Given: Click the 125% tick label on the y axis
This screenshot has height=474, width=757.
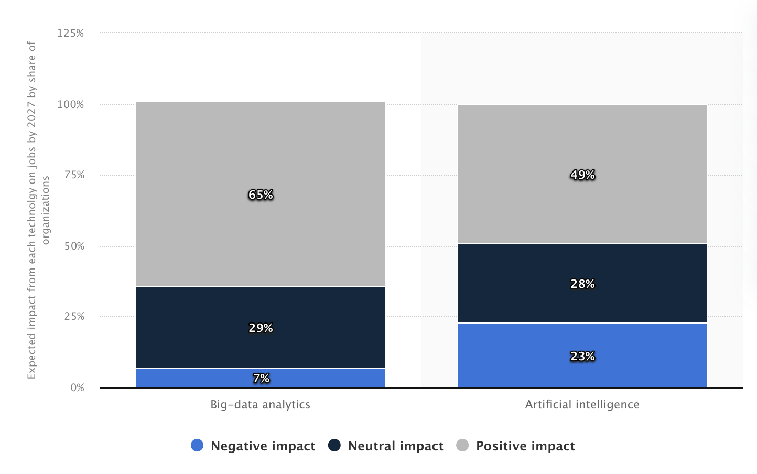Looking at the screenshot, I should (x=70, y=33).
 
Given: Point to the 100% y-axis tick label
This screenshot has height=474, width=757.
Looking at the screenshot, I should (x=70, y=104).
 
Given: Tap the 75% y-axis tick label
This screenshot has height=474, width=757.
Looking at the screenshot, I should (x=74, y=175).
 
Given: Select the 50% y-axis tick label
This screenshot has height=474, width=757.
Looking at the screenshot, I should (x=74, y=246).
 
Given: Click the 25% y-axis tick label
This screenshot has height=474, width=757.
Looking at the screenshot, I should (x=74, y=316).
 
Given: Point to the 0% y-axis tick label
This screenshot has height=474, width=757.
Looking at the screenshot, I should (x=77, y=387).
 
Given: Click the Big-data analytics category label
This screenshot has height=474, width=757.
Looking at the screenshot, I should (x=260, y=404).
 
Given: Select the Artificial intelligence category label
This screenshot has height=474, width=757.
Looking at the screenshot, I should (x=582, y=404).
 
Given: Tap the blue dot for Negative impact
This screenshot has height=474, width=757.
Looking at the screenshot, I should (x=197, y=445).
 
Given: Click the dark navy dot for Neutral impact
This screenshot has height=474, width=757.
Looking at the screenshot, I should (x=334, y=445).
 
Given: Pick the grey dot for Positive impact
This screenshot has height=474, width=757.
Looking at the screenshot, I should (x=462, y=445).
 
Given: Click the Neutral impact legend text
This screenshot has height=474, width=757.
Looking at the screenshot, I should (x=395, y=446).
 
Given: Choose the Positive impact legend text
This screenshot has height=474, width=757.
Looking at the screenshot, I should (x=525, y=446).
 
